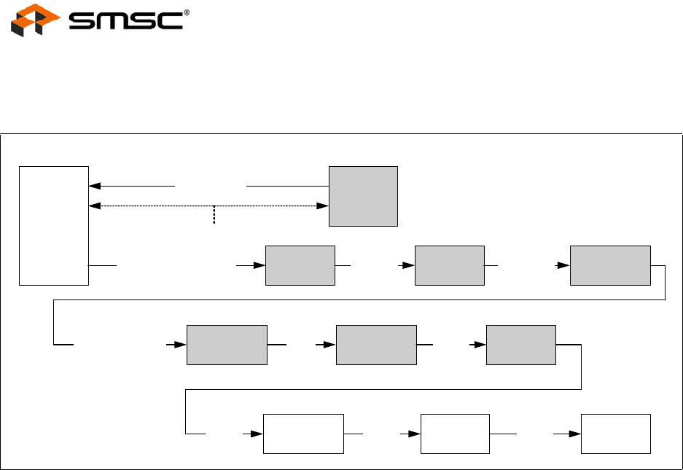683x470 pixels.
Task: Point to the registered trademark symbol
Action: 187,12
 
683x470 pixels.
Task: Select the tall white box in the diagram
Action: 54,225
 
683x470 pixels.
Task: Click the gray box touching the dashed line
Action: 363,196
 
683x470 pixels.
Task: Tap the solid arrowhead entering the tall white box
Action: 93,186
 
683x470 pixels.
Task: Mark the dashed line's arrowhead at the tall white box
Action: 93,206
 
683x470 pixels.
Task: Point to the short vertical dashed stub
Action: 214,214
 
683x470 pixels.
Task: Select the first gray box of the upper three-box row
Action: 300,265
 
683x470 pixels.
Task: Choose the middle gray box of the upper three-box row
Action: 449,265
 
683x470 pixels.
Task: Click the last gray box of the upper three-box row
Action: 609,265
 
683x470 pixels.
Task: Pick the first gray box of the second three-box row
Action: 227,344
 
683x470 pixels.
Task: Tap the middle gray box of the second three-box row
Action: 376,344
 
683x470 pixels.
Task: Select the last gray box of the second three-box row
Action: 520,344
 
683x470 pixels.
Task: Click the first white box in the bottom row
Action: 303,434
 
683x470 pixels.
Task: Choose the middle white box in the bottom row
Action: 456,434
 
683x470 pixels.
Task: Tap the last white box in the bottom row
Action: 615,434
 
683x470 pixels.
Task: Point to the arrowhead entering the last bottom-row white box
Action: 576,434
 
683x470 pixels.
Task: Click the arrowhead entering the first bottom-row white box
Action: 257,434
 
